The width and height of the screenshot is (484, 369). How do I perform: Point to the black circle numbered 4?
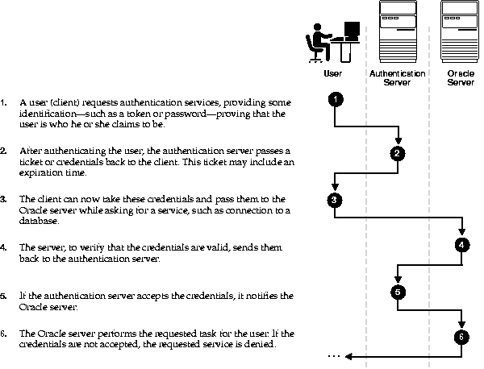(461, 245)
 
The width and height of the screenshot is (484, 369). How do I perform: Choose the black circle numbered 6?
(461, 337)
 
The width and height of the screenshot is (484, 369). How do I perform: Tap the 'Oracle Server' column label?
(461, 77)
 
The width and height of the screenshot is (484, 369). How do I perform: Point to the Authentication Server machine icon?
(396, 31)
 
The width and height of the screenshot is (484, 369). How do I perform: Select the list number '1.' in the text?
(4, 103)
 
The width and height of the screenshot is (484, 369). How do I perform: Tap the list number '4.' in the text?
(4, 246)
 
